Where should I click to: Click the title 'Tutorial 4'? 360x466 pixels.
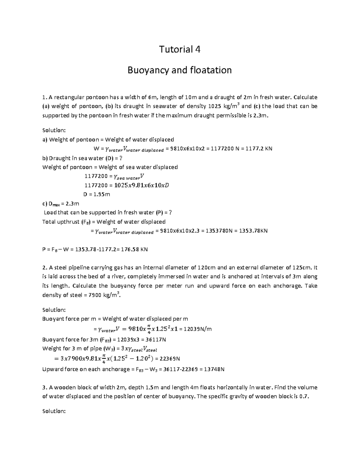point(180,49)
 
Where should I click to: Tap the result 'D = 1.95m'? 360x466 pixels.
point(97,194)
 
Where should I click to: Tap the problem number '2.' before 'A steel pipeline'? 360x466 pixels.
point(45,267)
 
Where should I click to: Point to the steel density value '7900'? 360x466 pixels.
point(96,295)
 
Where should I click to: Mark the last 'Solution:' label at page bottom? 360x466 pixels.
point(54,411)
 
